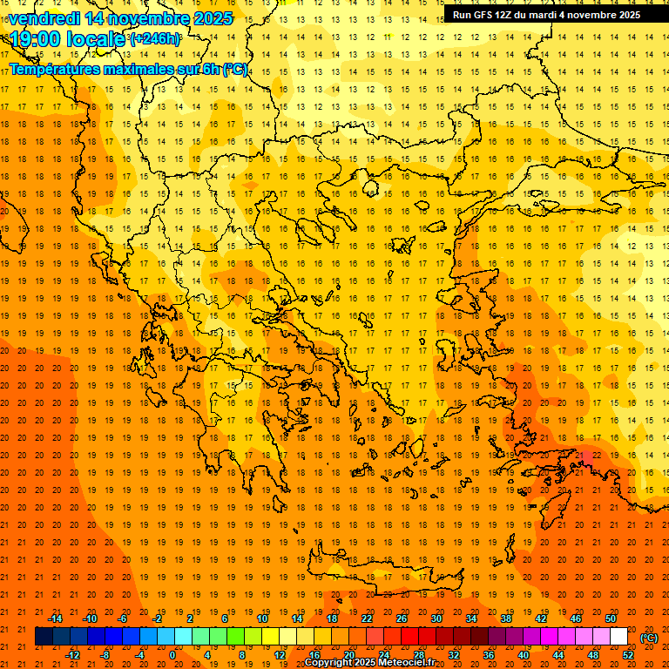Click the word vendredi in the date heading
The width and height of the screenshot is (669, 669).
44,18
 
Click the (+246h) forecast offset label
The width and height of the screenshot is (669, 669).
155,39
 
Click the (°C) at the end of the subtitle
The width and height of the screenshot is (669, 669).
235,69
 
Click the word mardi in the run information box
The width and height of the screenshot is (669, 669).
543,14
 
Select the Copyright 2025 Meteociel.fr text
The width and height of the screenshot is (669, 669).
369,663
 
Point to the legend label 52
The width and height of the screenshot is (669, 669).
628,655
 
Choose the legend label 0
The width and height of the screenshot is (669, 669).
172,655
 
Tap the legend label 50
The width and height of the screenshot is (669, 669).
611,618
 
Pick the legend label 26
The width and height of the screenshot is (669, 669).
402,618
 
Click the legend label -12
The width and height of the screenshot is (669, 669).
72,655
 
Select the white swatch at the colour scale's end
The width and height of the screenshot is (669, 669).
619,637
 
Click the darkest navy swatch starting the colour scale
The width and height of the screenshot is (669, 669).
44,637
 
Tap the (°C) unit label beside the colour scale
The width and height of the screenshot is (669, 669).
649,638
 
